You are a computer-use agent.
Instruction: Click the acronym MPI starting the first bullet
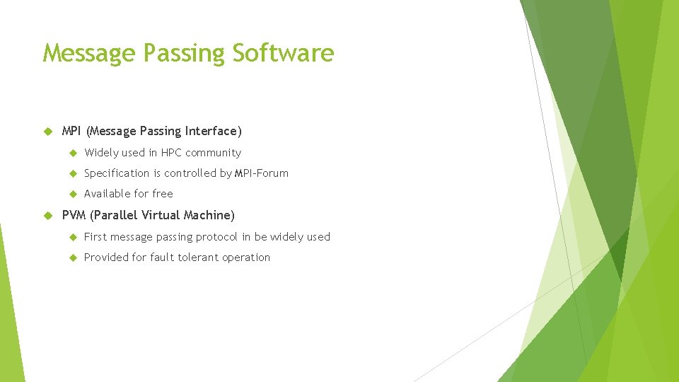coord(72,131)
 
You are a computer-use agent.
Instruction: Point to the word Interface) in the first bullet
coord(214,131)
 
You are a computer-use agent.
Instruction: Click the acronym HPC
coord(171,153)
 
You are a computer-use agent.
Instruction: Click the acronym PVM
coord(74,215)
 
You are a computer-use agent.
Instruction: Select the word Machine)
coord(209,215)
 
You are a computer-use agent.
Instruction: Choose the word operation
coord(246,257)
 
